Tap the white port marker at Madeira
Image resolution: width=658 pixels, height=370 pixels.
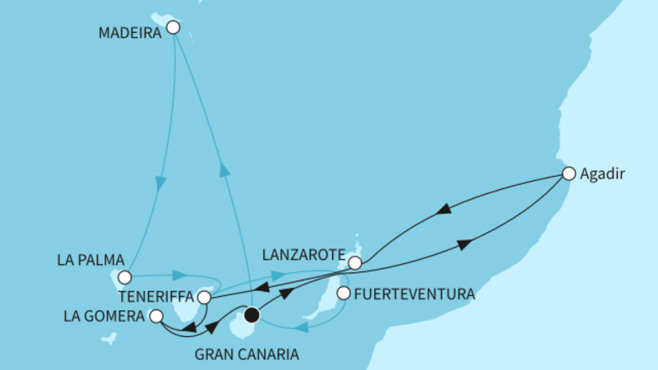173,27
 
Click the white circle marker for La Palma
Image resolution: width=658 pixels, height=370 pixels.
124,277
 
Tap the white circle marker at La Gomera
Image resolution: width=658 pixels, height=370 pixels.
156,315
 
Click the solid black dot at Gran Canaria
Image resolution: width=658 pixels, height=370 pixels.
252,314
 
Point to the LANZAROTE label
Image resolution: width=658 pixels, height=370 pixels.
303,256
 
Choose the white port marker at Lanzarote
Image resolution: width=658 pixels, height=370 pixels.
354,263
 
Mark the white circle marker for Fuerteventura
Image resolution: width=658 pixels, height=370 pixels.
344,292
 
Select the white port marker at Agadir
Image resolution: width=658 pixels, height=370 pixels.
568,173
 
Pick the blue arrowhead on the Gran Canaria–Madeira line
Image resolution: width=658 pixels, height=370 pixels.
223,169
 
